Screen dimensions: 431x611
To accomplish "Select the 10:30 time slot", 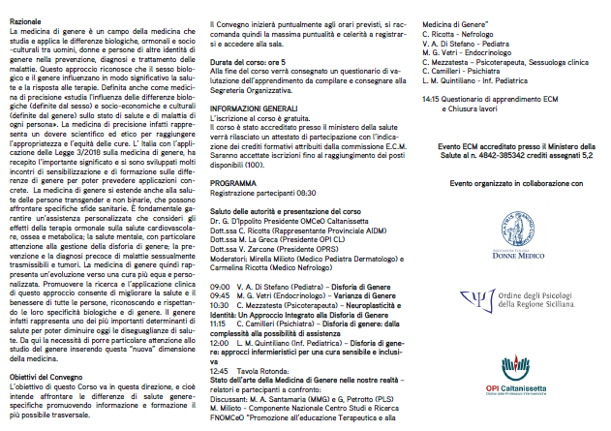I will tap(220, 304).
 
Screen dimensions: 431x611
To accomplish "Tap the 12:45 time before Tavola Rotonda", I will tap(220, 369).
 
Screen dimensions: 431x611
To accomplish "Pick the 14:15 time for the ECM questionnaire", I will tap(433, 99).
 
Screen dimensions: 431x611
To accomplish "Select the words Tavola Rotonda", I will tap(267, 369).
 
